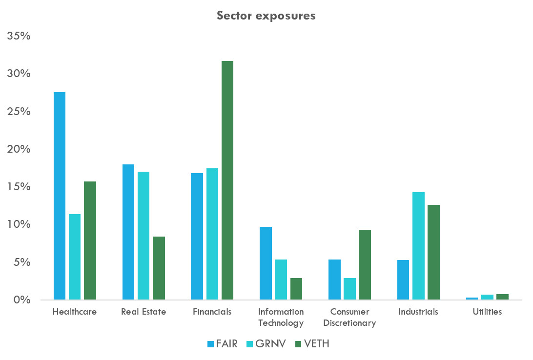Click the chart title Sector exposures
266,16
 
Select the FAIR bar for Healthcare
60,196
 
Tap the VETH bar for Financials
227,180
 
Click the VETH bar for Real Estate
159,268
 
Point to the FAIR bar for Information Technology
266,263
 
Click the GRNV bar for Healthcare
75,257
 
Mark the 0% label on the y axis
21,300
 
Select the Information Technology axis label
281,317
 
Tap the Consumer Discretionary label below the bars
349,317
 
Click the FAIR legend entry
223,344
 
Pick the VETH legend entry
312,344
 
